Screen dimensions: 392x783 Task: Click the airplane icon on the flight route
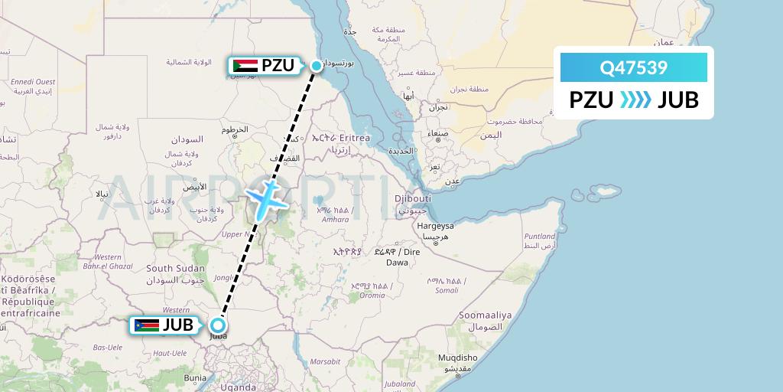(267, 198)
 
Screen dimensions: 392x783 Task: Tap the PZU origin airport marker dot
(316, 66)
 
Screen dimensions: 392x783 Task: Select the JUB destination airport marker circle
(218, 325)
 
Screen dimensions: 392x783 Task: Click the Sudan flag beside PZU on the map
(245, 66)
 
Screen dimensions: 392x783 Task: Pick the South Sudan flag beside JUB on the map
(146, 325)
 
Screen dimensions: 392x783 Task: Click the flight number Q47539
(634, 67)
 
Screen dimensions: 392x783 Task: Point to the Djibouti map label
(414, 198)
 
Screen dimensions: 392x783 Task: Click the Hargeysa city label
(435, 226)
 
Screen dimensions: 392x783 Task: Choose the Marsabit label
(326, 361)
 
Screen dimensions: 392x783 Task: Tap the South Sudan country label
(176, 268)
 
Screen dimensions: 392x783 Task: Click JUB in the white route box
(678, 100)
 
